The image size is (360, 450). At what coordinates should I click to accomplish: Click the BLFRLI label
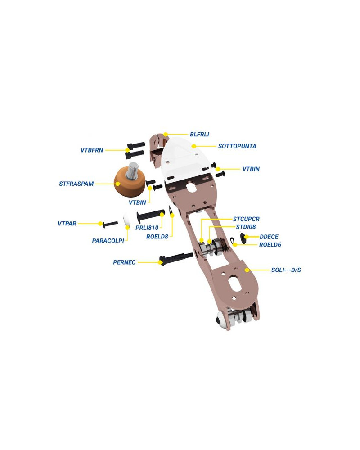click(x=199, y=134)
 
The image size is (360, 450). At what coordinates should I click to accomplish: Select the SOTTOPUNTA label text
click(x=237, y=146)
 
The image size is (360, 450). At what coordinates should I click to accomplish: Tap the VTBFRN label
click(x=92, y=150)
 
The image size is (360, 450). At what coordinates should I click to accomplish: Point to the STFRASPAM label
click(x=76, y=184)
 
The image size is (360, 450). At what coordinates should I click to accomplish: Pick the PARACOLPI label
click(x=108, y=241)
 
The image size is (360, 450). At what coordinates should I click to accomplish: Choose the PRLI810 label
click(x=147, y=228)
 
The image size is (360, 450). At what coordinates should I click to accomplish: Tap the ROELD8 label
click(x=157, y=237)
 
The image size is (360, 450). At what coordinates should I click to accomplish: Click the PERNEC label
click(x=124, y=262)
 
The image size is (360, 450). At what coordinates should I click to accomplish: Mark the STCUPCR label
click(x=246, y=219)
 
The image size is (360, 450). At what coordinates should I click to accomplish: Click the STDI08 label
click(x=246, y=227)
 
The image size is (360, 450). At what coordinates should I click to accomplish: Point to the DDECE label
click(x=269, y=237)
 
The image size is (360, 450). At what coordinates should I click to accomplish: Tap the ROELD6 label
click(x=270, y=245)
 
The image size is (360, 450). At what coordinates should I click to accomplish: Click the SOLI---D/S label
click(x=286, y=270)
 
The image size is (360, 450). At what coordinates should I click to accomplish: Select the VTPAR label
click(x=67, y=224)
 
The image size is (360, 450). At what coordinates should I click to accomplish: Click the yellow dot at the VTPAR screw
click(x=100, y=224)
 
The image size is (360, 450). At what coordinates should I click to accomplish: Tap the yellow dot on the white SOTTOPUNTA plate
click(x=194, y=146)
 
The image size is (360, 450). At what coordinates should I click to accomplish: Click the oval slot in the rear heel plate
click(x=234, y=283)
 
